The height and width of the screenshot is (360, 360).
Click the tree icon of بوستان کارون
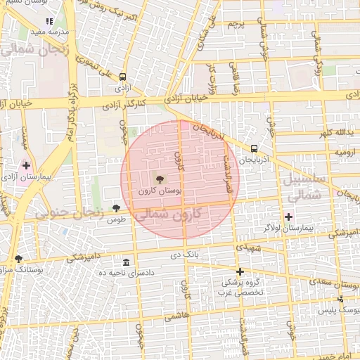159,179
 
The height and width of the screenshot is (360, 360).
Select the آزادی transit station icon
123,77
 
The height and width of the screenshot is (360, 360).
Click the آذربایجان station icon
253,148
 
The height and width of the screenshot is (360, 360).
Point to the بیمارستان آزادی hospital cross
27,166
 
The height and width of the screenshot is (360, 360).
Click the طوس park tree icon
116,208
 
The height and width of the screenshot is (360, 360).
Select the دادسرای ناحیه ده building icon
126,262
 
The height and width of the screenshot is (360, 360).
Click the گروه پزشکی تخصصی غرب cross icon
240,271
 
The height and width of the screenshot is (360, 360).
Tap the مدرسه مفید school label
53,32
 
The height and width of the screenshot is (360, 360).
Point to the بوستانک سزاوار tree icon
18,259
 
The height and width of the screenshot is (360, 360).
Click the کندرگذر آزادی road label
124,104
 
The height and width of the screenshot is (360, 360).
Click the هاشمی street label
176,318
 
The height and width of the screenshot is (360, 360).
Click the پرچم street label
236,24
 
